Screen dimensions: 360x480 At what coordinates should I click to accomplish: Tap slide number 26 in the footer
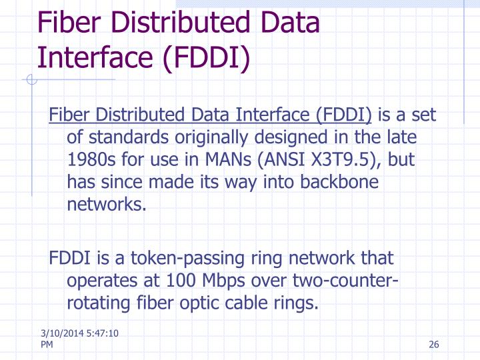click(435, 344)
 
